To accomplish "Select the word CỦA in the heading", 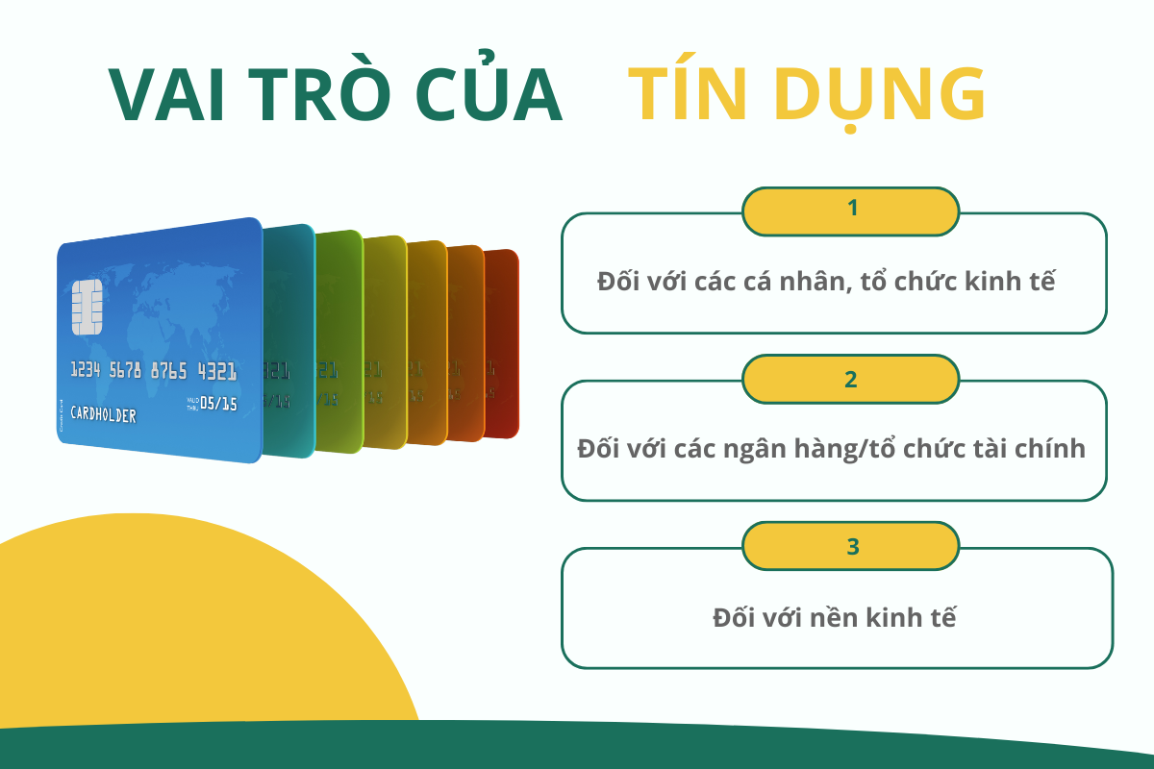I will (489, 95).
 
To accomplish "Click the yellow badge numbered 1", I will (851, 211).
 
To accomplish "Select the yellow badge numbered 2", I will (851, 379).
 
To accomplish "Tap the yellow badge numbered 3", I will (851, 547).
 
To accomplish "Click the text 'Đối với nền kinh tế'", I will (835, 616).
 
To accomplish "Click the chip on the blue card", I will (87, 308).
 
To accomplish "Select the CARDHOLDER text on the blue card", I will (103, 416).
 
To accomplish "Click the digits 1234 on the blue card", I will (87, 370).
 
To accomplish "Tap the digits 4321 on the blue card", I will (217, 372).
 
